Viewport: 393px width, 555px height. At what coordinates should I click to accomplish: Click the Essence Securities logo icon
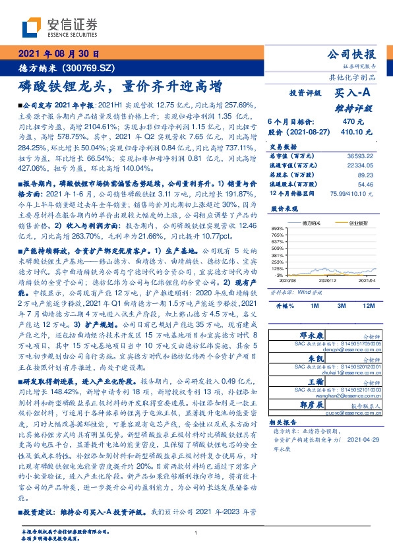32,27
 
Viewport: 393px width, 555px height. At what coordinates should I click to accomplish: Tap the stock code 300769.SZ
88,67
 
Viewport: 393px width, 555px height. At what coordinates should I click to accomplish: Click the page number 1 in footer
196,533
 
